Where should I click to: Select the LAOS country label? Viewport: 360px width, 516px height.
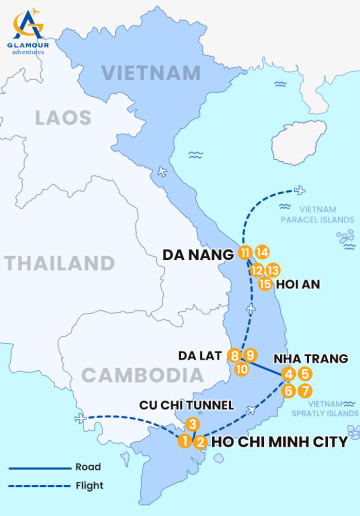point(63,118)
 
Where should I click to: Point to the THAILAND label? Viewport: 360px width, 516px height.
point(58,264)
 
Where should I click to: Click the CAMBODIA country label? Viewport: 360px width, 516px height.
point(130,375)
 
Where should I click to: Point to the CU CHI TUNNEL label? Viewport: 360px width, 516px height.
point(188,405)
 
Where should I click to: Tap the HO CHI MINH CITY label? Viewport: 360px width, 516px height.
point(280,441)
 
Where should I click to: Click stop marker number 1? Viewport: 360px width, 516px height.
point(185,441)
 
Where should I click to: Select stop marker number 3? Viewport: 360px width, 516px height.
point(193,424)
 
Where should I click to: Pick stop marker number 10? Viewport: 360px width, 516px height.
point(242,369)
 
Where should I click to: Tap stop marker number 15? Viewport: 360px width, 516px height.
point(265,284)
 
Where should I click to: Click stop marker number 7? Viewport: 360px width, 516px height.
point(305,390)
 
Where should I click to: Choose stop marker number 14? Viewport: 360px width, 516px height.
point(262,253)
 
